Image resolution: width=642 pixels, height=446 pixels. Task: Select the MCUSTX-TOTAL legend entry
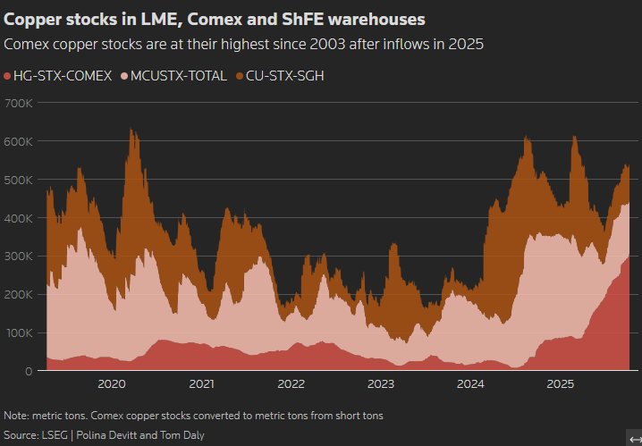(x=178, y=76)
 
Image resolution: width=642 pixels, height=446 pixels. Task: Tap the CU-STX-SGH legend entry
(x=284, y=76)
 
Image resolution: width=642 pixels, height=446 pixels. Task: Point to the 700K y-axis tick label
(x=19, y=103)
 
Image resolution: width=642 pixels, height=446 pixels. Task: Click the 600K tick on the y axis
(x=19, y=141)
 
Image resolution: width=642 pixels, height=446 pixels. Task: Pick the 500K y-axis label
(x=19, y=180)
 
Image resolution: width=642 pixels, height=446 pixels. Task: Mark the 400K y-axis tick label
(x=19, y=218)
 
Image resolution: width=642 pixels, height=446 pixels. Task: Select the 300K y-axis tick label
(x=19, y=256)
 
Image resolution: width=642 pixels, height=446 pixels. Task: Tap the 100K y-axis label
(x=19, y=332)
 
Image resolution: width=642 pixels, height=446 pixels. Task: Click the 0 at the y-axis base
(x=30, y=371)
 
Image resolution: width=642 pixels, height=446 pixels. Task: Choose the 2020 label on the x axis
(x=112, y=384)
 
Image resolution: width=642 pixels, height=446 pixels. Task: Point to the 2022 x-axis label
(x=291, y=384)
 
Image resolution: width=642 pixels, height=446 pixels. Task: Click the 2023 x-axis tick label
(x=381, y=384)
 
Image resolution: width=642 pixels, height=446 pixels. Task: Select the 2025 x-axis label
(x=561, y=384)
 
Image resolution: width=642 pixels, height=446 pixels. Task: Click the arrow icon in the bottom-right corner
(x=633, y=438)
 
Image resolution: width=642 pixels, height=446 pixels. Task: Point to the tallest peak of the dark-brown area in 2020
(x=131, y=130)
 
